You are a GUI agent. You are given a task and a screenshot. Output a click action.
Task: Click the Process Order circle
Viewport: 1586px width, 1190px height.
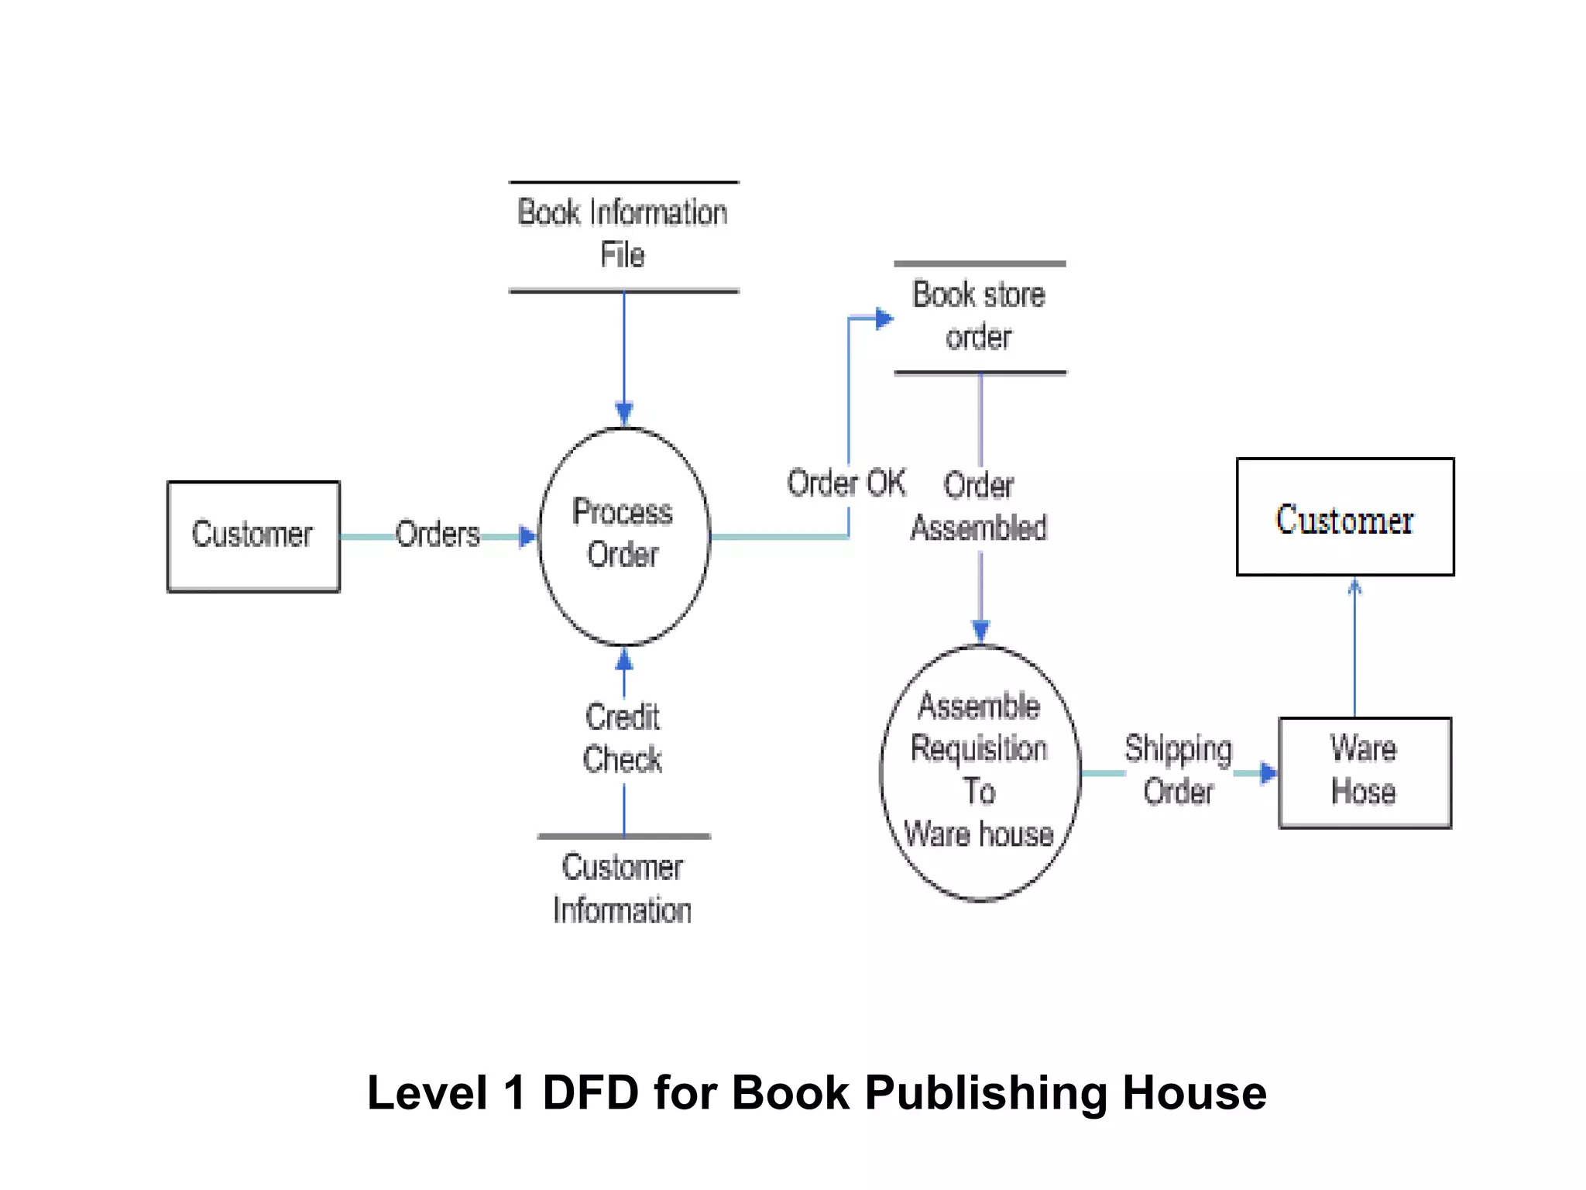pos(623,535)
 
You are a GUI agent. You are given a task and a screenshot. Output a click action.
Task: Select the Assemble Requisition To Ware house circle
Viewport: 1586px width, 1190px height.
pos(980,772)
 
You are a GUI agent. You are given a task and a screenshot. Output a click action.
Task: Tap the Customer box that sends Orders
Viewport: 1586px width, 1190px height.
pos(253,536)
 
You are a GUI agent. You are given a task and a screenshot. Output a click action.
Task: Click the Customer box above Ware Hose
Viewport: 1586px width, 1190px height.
pos(1345,517)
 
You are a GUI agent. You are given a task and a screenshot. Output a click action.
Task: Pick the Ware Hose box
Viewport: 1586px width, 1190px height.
pos(1364,772)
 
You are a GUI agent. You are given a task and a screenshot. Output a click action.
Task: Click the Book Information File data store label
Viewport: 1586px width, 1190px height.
pos(623,233)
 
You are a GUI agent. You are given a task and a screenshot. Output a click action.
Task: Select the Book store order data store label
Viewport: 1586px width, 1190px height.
pos(979,316)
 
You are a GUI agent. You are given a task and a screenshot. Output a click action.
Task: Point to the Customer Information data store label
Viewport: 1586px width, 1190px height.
pos(623,889)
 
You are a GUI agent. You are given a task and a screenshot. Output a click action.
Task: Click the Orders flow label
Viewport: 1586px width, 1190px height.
pos(438,535)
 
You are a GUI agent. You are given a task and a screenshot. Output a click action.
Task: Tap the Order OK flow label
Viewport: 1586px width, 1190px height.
pos(846,483)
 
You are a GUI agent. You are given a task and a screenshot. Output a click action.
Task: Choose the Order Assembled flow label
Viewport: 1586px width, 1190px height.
pos(979,507)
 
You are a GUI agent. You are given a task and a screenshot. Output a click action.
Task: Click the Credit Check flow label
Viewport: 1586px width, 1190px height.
pos(623,738)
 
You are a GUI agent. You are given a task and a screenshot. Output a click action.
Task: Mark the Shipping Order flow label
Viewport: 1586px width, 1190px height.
pos(1178,770)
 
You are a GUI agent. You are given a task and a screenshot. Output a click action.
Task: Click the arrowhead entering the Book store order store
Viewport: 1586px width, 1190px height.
pos(884,318)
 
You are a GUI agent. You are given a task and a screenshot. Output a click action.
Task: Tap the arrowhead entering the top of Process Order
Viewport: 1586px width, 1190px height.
pos(624,412)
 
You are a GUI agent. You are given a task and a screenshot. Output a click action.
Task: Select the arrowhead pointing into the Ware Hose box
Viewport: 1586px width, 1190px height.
pos(1268,772)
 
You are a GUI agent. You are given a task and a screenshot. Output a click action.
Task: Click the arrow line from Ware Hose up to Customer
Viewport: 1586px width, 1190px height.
pos(1354,651)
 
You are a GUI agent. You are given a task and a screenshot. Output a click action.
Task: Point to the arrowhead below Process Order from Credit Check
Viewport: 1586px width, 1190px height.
pos(624,660)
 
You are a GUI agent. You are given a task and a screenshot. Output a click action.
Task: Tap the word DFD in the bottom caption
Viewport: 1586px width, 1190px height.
pos(590,1093)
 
